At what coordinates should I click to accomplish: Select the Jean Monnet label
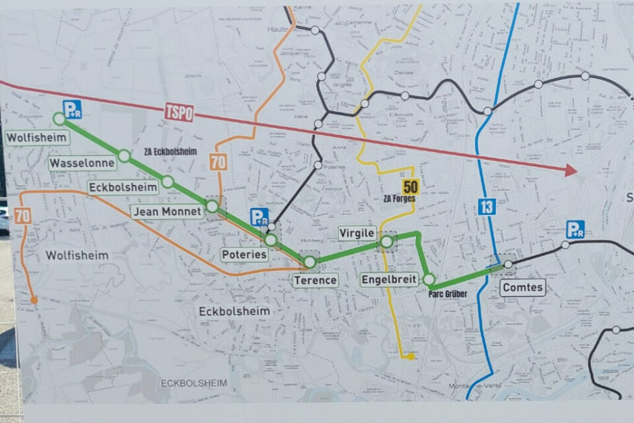click(x=165, y=211)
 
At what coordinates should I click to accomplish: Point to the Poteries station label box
click(x=244, y=254)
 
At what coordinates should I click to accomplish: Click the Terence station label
click(x=316, y=280)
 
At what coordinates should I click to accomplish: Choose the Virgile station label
click(x=357, y=233)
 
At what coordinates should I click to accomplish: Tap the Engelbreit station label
click(x=390, y=280)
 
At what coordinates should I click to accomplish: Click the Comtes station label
click(x=522, y=288)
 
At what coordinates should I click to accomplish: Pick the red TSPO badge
click(x=179, y=112)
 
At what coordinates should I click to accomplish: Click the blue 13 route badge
click(x=487, y=207)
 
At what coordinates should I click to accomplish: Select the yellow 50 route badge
click(x=410, y=186)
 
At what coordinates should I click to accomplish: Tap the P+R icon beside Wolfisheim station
click(x=72, y=109)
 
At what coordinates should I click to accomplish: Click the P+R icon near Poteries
click(x=260, y=217)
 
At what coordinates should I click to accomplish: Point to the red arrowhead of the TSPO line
click(x=569, y=171)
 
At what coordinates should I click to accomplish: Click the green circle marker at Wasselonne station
click(x=124, y=155)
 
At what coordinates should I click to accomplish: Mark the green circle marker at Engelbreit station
click(x=429, y=279)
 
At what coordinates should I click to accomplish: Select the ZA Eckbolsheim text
click(x=170, y=151)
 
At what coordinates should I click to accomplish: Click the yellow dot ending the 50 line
click(x=411, y=357)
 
